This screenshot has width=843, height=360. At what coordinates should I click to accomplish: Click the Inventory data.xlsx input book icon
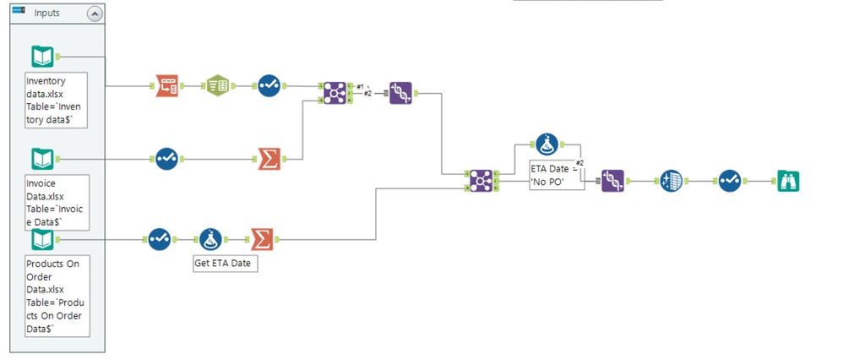(x=42, y=57)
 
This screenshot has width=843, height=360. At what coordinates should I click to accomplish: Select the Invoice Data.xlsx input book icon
(x=42, y=159)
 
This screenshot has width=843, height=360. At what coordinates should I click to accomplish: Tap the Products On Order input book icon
(x=42, y=239)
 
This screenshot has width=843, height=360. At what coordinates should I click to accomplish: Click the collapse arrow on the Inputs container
(x=95, y=14)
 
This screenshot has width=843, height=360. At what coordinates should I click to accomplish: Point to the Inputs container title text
(x=46, y=13)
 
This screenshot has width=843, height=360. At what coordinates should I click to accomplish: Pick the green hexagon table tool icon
(x=218, y=85)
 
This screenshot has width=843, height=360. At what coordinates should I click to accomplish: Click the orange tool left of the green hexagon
(x=166, y=85)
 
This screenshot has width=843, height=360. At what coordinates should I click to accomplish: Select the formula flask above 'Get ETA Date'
(x=211, y=239)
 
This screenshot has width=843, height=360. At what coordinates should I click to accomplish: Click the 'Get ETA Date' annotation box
(x=226, y=264)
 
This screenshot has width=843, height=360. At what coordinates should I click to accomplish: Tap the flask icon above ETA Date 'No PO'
(x=547, y=145)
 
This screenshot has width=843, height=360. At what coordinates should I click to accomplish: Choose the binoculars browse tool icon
(x=788, y=181)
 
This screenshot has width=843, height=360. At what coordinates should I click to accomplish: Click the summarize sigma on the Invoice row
(x=269, y=159)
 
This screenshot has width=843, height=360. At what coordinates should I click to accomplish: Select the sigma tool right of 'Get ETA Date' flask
(x=262, y=239)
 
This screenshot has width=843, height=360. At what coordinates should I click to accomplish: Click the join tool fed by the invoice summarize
(x=335, y=93)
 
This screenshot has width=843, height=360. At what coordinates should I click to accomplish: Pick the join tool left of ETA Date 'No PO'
(x=481, y=181)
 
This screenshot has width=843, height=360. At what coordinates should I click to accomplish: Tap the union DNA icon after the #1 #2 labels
(x=401, y=93)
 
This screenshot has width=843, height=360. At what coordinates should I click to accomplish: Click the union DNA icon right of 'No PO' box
(x=613, y=181)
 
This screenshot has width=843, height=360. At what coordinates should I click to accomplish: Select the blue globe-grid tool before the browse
(x=672, y=181)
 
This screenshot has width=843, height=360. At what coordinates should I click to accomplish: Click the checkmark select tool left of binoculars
(x=730, y=181)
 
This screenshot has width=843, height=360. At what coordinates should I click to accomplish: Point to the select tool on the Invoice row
(x=166, y=159)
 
